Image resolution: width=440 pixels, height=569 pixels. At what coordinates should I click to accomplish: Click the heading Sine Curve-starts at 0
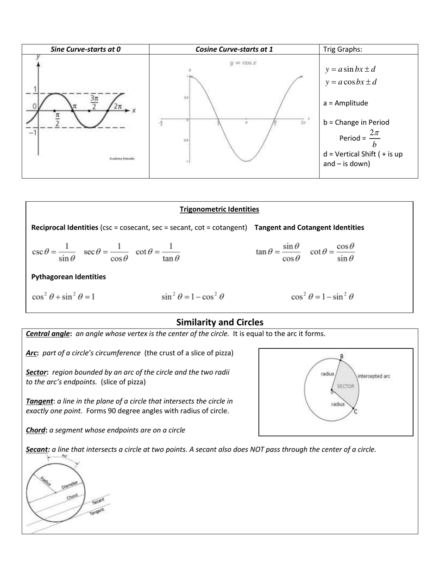tap(86, 49)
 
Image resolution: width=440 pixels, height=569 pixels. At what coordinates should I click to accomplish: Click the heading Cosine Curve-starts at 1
tap(234, 49)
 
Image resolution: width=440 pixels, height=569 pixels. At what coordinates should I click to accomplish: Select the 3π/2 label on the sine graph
tap(94, 102)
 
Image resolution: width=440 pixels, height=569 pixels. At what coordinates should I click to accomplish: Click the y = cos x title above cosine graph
tap(243, 62)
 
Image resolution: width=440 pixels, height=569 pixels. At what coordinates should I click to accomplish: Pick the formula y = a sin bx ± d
tap(350, 69)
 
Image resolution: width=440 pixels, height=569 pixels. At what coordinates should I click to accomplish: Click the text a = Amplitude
tap(346, 103)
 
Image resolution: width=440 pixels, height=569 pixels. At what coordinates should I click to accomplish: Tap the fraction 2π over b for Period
tap(374, 138)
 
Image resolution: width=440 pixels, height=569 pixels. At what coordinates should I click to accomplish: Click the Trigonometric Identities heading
tap(219, 209)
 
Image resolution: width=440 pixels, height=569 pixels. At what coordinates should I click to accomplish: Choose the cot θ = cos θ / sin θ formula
tap(332, 252)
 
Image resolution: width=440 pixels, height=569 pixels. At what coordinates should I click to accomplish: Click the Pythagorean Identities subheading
tap(68, 277)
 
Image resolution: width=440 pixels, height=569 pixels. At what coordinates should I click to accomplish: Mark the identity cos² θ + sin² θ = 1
tap(63, 297)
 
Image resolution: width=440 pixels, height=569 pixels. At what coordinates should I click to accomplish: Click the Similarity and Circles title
tap(220, 322)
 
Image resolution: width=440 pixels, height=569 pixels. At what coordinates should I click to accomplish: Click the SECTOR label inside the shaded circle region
tap(345, 386)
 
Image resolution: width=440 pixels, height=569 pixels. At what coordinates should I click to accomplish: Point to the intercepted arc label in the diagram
tap(374, 376)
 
